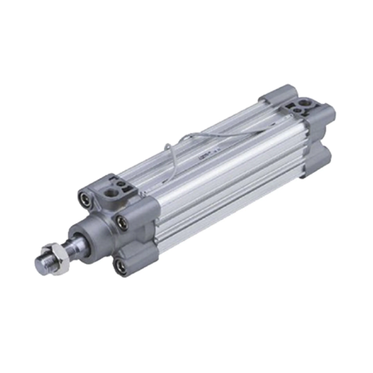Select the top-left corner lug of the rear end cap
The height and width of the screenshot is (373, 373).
tap(269, 99)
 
